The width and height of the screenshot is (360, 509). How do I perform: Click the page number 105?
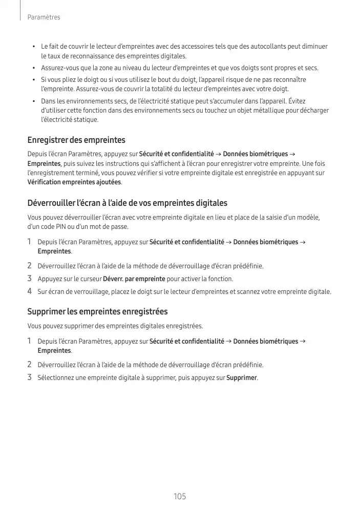coord(180,497)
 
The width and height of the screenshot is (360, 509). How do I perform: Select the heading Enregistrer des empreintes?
coord(76,140)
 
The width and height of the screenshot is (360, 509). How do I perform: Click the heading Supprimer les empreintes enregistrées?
coord(97,311)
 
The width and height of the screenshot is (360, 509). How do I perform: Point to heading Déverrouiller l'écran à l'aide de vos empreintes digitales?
coord(127,203)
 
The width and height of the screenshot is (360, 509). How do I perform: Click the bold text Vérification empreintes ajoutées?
coord(74,182)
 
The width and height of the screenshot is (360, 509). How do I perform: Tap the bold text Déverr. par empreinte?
coord(134,279)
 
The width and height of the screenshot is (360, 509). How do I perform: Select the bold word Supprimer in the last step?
coord(242,378)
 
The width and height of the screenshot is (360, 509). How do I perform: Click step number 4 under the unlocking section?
coord(30,292)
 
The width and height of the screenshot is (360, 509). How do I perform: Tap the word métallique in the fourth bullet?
coord(263,111)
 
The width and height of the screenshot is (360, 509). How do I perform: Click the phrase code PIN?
coord(51,227)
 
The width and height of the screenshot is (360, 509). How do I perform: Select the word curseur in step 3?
coord(90,279)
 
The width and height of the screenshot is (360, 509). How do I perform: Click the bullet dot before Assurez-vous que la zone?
coord(34,68)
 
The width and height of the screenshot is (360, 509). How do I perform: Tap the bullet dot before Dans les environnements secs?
coord(34,101)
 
